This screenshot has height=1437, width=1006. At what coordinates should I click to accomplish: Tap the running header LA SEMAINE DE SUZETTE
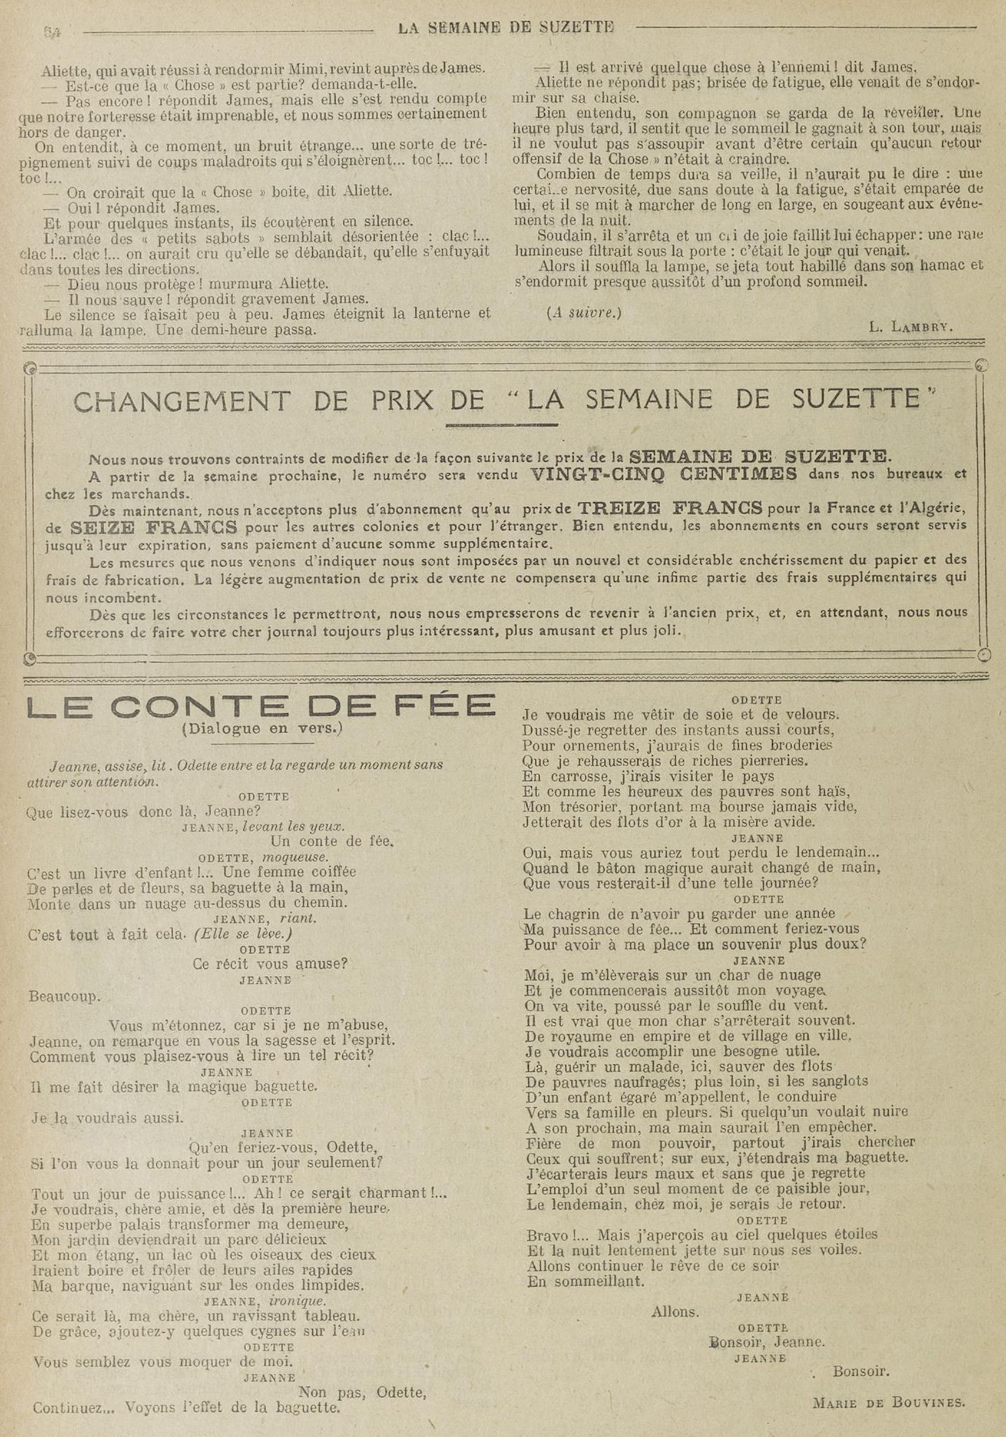[506, 28]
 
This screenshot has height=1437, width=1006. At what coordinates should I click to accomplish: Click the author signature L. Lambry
[911, 326]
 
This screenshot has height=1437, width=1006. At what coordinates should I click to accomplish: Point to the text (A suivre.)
[584, 313]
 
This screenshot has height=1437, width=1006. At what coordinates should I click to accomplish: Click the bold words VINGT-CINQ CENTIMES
[663, 473]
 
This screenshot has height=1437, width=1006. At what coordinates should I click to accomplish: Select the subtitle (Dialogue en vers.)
[262, 729]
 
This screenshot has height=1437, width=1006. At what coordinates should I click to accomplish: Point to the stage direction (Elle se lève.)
[243, 934]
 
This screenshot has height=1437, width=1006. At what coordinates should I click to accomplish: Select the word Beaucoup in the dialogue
[64, 996]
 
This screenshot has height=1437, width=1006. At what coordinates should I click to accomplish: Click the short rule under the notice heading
[502, 425]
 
